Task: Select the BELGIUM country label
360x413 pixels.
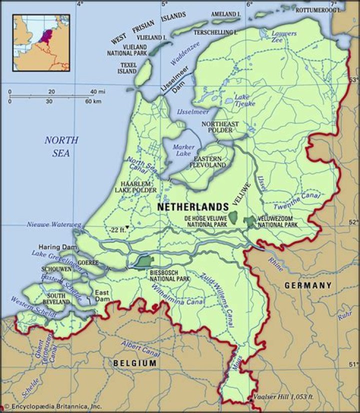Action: pyautogui.click(x=134, y=362)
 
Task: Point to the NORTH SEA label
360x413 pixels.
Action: pyautogui.click(x=61, y=146)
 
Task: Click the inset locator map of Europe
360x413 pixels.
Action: pyautogui.click(x=41, y=42)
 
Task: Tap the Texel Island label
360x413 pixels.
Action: pyautogui.click(x=128, y=68)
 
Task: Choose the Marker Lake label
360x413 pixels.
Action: pyautogui.click(x=182, y=150)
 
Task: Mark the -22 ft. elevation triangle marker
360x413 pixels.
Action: pyautogui.click(x=127, y=228)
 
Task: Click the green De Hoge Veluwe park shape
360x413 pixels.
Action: pyautogui.click(x=232, y=217)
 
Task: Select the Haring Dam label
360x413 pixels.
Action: pyautogui.click(x=57, y=247)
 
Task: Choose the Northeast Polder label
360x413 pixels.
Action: pyautogui.click(x=220, y=126)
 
